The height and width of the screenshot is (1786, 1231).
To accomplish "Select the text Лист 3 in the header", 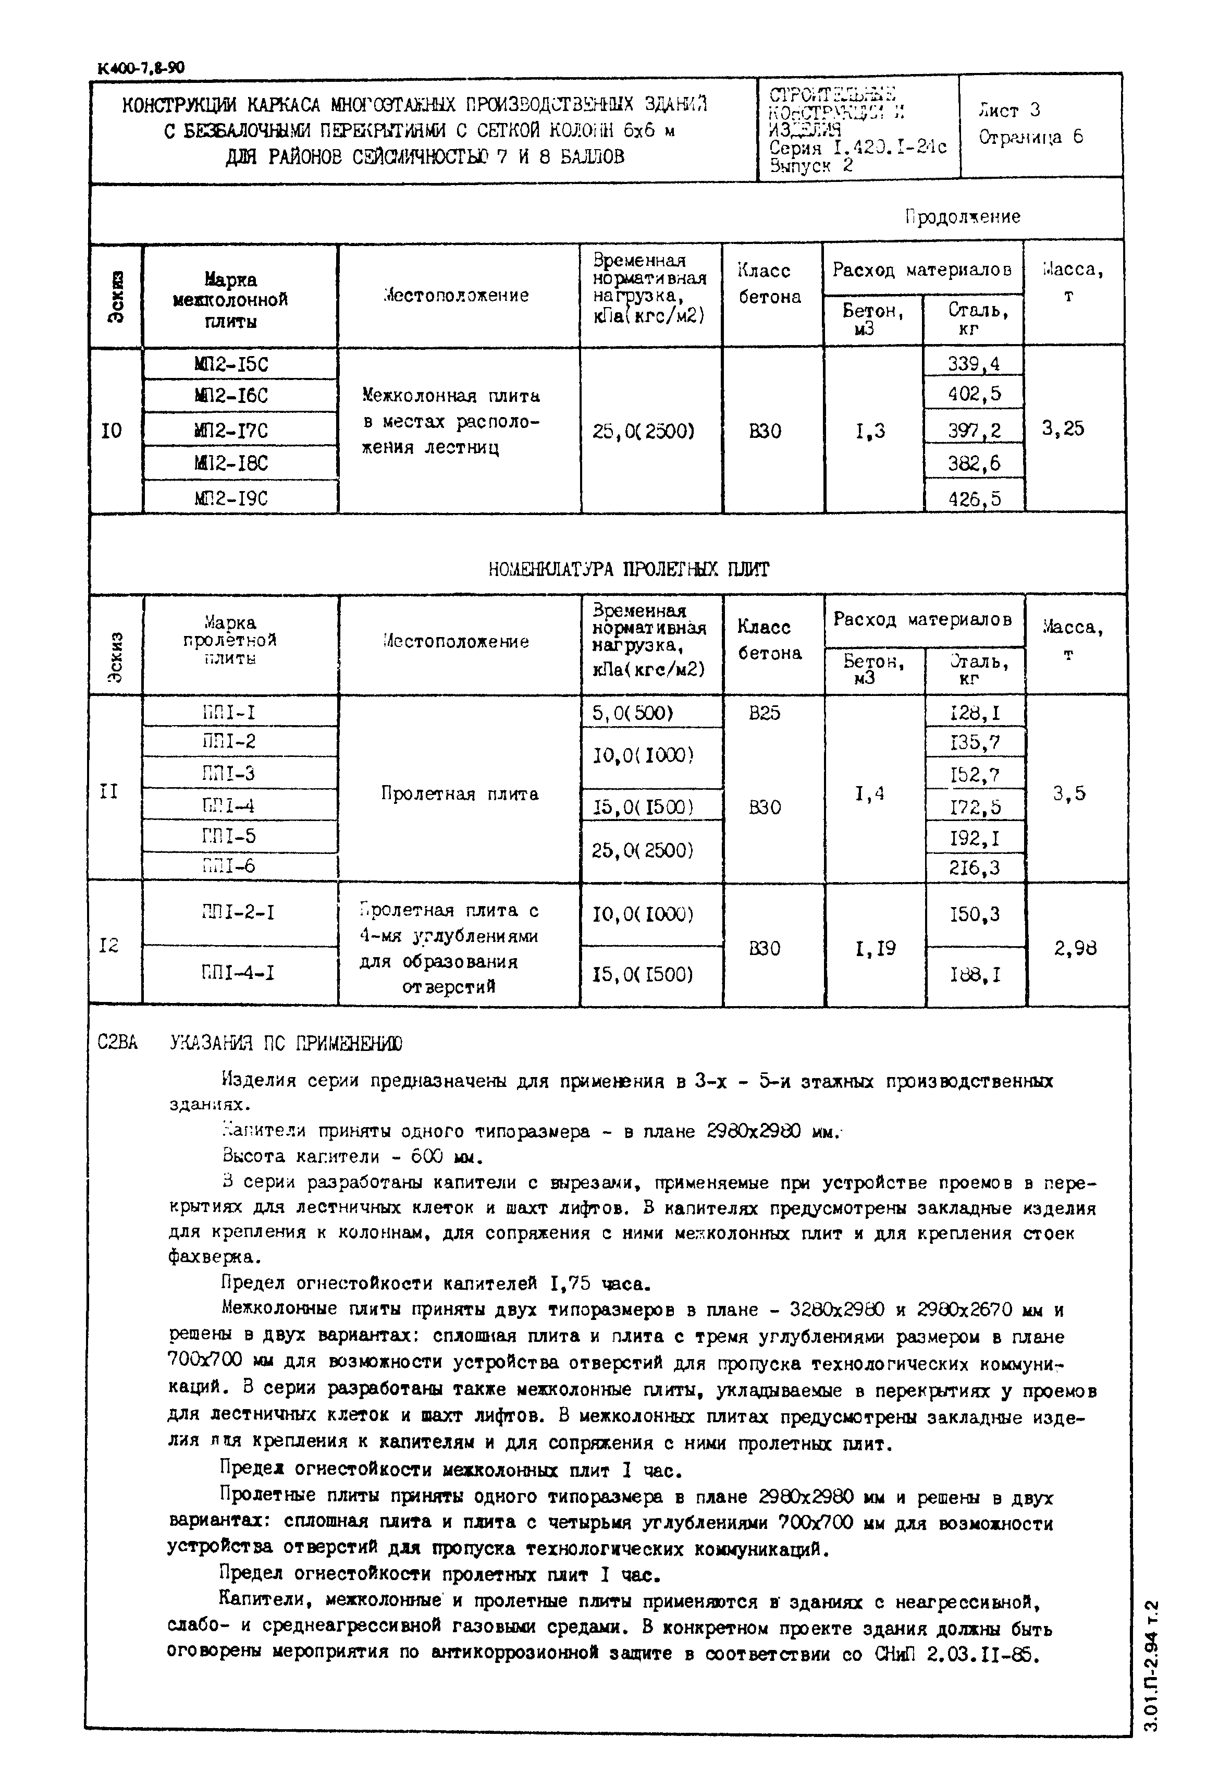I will (1009, 111).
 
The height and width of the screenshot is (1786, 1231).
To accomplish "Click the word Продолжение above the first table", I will (963, 217).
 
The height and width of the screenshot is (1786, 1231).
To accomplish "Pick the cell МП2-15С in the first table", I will (231, 363).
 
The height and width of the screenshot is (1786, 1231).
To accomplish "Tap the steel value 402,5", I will (974, 394).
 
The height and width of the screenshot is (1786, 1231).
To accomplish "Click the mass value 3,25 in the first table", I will (1063, 429).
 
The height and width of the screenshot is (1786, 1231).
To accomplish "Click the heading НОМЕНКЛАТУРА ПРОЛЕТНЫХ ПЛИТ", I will (629, 569).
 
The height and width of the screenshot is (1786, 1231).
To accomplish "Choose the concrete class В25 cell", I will (765, 713).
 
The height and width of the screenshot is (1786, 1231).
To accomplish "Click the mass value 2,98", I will (1075, 948).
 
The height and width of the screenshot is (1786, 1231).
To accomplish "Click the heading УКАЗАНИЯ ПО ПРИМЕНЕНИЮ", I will (286, 1044).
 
